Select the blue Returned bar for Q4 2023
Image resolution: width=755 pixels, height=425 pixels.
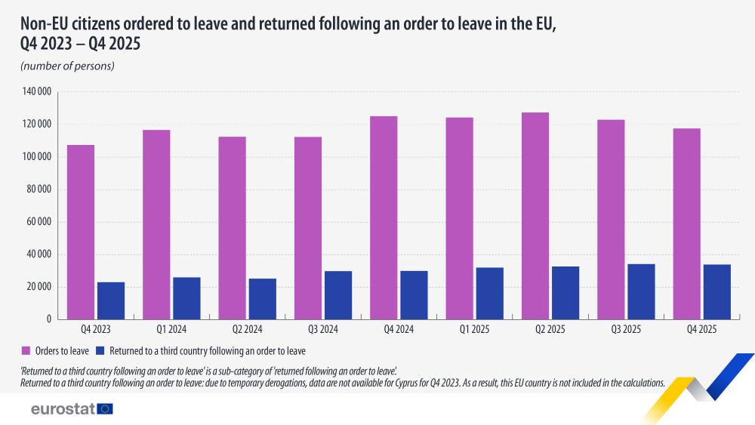tap(111, 300)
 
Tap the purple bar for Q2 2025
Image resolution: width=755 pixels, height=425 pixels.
tap(535, 216)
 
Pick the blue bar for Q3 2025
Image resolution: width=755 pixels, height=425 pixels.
tap(641, 291)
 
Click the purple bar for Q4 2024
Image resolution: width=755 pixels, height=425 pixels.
tap(384, 217)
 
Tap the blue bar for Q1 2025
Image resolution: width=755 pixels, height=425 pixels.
tap(489, 293)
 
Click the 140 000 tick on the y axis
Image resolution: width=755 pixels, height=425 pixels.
tap(37, 92)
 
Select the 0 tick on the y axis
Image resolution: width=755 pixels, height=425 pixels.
tap(48, 319)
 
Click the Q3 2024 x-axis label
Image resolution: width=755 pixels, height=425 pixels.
tap(323, 330)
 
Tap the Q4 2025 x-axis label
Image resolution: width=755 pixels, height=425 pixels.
tap(701, 330)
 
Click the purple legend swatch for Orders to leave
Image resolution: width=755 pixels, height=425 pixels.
tap(26, 351)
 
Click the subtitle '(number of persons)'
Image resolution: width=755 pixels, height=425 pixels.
tap(67, 66)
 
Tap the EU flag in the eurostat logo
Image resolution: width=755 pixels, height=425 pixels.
tap(105, 409)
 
